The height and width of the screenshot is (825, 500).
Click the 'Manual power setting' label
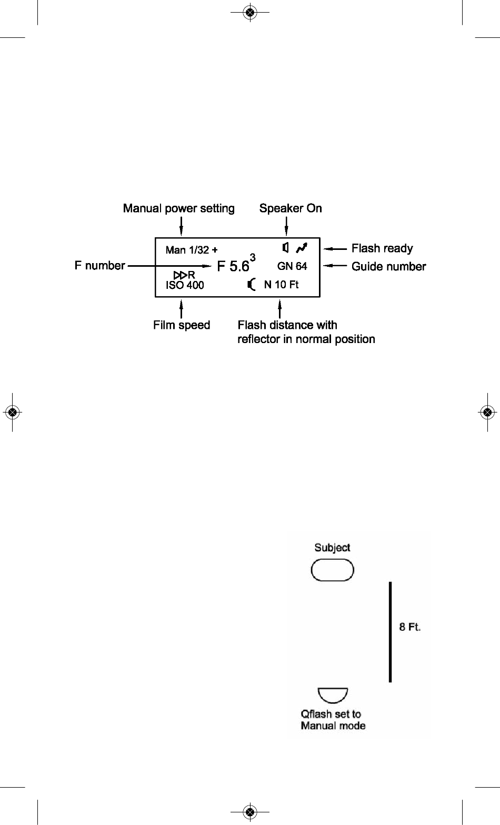click(179, 208)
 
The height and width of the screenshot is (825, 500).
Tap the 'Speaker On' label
click(291, 208)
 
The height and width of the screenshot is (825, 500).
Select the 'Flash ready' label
click(382, 248)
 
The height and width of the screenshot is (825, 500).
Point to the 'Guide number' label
click(389, 266)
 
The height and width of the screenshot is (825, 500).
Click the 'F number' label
click(100, 265)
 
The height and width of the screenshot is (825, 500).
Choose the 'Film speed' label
click(182, 325)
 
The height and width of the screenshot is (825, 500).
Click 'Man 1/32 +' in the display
click(192, 250)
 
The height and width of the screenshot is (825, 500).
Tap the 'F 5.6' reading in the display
click(233, 266)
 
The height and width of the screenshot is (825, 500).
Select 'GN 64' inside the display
click(292, 266)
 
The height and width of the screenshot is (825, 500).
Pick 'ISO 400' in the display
click(185, 285)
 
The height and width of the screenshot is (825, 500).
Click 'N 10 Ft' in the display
click(281, 285)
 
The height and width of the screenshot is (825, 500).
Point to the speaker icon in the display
click(285, 247)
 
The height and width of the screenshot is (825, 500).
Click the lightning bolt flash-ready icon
click(302, 248)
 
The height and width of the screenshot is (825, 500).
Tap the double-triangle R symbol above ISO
click(184, 275)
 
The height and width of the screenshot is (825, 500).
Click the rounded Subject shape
click(332, 570)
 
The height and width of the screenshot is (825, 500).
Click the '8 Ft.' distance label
click(409, 627)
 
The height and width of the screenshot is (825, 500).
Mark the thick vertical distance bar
click(390, 632)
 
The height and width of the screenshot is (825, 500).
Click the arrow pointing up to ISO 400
click(181, 309)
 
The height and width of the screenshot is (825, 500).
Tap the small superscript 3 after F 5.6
click(253, 257)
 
